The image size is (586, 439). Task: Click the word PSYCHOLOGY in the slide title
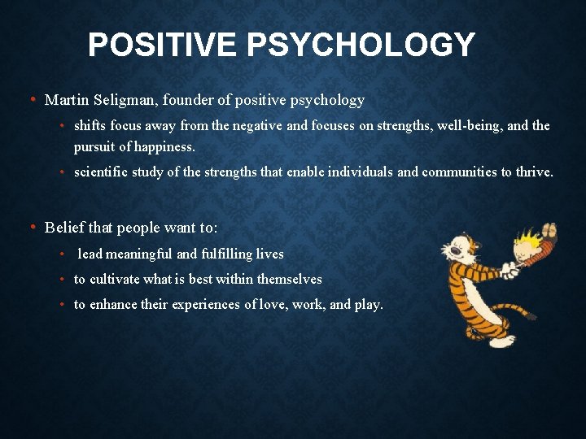point(361,45)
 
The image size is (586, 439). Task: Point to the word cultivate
point(115,280)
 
